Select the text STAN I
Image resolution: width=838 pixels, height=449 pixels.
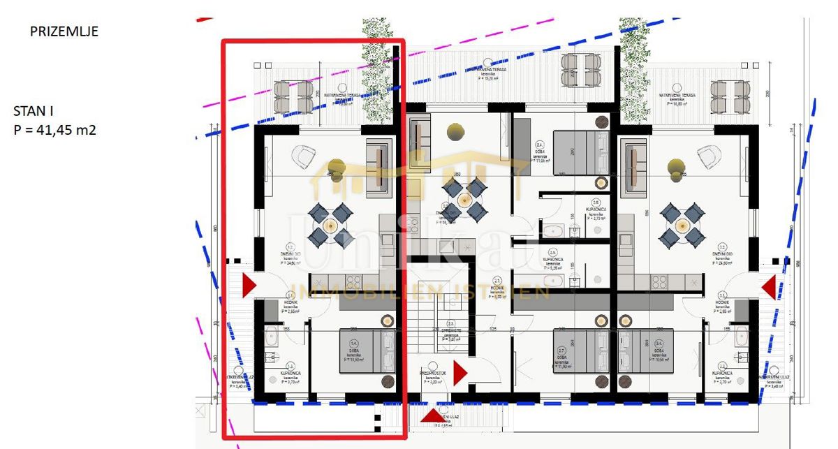pyautogui.click(x=32, y=111)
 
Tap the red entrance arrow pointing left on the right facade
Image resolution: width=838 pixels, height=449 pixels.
pyautogui.click(x=769, y=287)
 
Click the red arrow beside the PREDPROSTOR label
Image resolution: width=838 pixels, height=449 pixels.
pyautogui.click(x=460, y=374)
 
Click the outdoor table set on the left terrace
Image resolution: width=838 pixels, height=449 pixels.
pyautogui.click(x=293, y=96)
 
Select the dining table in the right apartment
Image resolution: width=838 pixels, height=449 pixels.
pyautogui.click(x=680, y=225)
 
